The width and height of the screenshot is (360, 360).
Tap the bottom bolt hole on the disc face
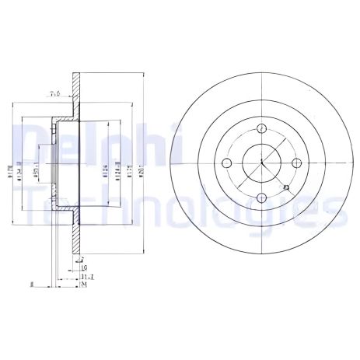[262, 197]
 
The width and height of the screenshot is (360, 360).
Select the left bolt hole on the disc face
[228, 163]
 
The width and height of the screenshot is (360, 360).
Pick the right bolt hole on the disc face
[297, 163]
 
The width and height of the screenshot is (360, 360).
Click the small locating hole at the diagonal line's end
[287, 188]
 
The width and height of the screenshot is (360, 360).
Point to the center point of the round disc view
[262, 163]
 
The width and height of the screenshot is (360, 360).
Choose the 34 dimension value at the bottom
[83, 285]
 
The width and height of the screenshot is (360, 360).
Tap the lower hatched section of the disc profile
[77, 233]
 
